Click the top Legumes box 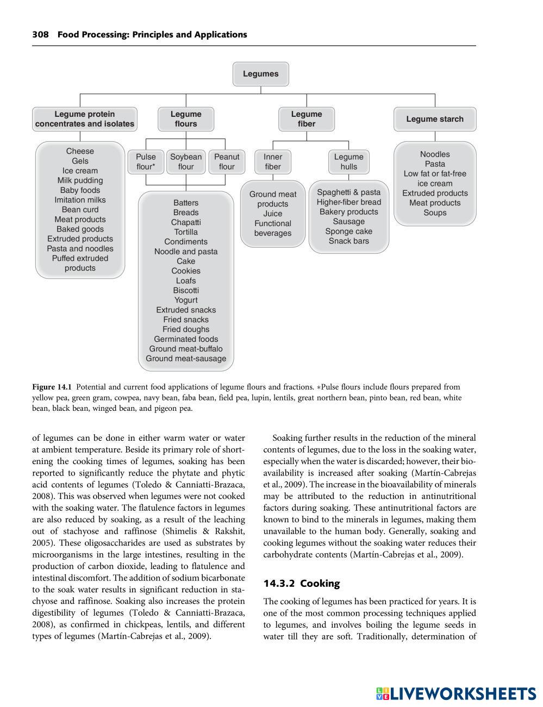tap(260, 74)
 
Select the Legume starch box tap(435, 119)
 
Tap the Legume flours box tap(186, 119)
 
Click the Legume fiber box tap(307, 119)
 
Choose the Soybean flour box tap(186, 162)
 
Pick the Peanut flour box tap(227, 162)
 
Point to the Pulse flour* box tap(146, 162)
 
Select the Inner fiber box tap(273, 162)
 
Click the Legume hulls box tap(349, 162)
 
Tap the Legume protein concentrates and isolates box tap(85, 119)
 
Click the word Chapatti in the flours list tap(186, 222)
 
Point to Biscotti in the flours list tap(186, 290)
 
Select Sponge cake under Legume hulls tap(349, 232)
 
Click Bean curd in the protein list tap(80, 210)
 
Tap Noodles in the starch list tap(435, 154)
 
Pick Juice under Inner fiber tap(273, 214)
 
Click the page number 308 tap(40, 35)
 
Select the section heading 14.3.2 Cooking tap(302, 584)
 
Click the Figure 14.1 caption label tap(52, 387)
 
